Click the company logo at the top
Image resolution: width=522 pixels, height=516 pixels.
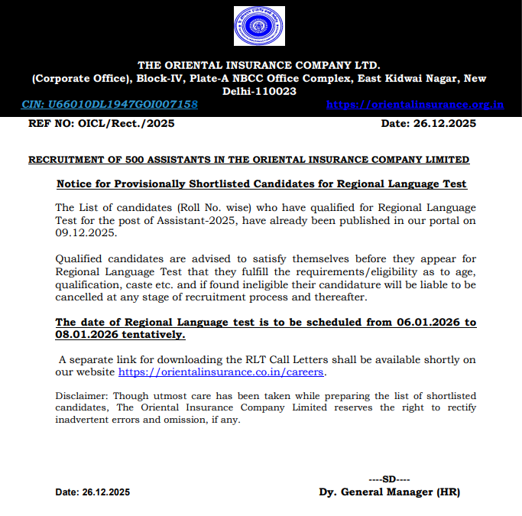click(x=259, y=27)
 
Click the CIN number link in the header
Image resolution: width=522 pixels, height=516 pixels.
click(x=109, y=105)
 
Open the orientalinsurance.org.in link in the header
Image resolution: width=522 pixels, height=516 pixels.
click(x=414, y=105)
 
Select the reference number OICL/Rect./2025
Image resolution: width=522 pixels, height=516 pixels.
click(x=130, y=124)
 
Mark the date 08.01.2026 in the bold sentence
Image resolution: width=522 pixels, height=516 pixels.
click(x=86, y=334)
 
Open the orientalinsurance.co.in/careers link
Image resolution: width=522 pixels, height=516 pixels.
click(x=222, y=372)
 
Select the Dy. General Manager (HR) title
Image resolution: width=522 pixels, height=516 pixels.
click(x=389, y=492)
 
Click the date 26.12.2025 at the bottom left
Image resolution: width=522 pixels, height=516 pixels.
click(x=105, y=492)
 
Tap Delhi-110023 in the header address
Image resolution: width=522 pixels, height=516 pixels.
click(x=259, y=91)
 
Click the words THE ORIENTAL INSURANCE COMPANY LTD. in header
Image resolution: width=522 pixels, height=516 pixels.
click(x=259, y=65)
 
